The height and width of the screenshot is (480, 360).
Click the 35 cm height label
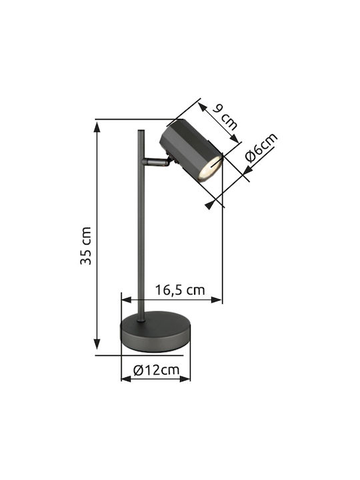pos(86,245)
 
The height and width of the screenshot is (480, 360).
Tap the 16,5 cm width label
pos(180,289)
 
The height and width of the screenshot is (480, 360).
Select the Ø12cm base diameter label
pos(156,370)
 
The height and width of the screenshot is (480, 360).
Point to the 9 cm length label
pos(225,117)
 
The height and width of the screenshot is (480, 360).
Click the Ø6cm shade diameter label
pos(261,147)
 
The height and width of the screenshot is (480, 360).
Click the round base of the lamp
pos(155,331)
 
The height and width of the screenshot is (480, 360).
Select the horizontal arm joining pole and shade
pos(155,162)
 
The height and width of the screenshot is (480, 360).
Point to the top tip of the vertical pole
pos(141,131)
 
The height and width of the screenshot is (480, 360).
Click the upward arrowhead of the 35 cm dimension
pos(97,127)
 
